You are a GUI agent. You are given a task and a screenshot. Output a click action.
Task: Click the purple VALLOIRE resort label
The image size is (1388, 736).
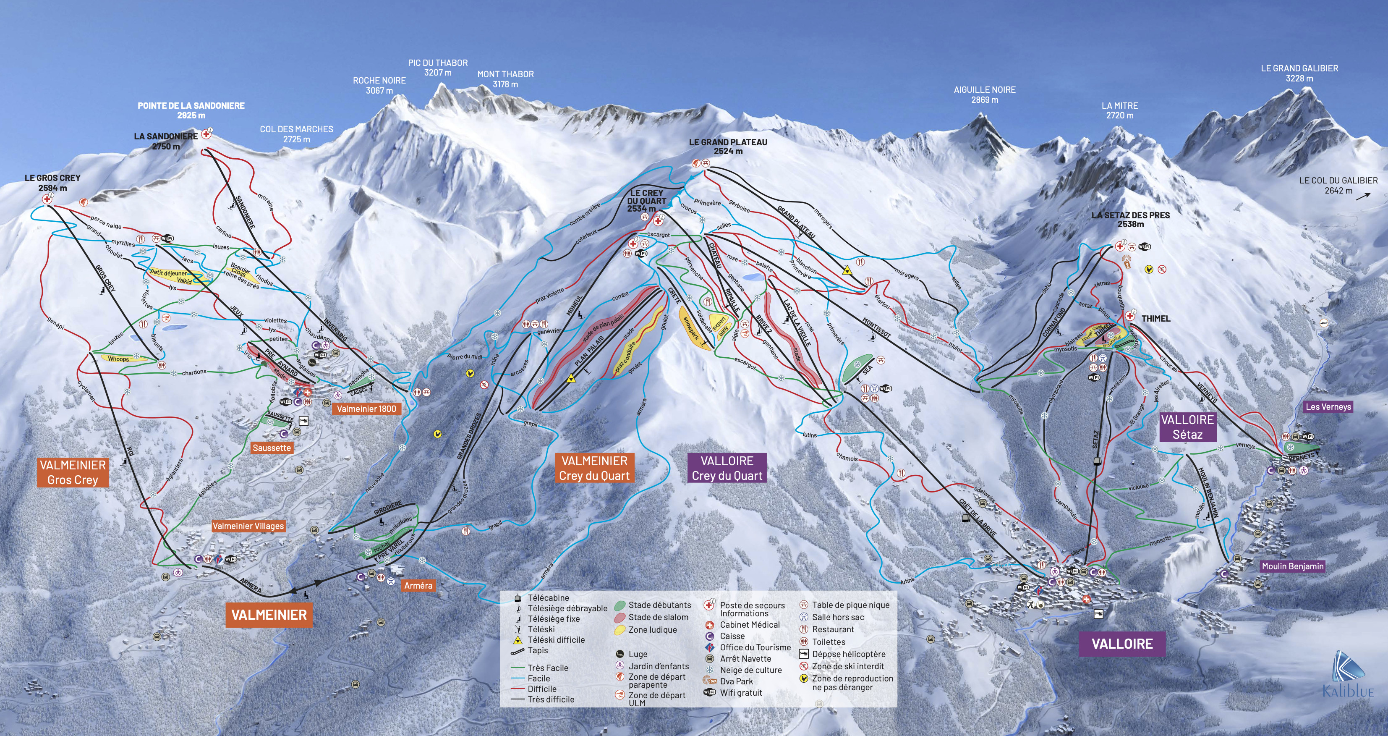(x=1122, y=644)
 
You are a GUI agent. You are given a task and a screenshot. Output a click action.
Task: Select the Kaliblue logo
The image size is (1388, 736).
(x=1348, y=674)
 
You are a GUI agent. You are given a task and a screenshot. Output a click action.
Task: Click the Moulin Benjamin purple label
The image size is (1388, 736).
(x=1292, y=566)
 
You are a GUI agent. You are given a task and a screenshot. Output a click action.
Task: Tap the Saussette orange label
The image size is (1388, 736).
(x=272, y=448)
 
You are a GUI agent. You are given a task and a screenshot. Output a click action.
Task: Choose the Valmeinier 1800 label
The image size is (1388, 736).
(x=366, y=409)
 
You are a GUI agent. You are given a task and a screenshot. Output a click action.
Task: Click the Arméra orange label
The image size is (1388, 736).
(x=418, y=586)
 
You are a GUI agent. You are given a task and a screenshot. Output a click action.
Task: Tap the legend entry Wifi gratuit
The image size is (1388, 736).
(x=741, y=693)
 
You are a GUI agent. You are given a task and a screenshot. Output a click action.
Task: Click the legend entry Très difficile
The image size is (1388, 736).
(x=551, y=699)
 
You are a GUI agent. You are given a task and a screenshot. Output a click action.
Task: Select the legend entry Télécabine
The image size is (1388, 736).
(x=548, y=598)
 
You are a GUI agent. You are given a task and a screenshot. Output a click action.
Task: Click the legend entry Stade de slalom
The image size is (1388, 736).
(x=658, y=618)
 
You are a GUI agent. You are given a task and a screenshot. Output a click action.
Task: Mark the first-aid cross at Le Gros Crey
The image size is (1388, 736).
(x=47, y=199)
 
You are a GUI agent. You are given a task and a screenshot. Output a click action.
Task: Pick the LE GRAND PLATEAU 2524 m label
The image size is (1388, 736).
(x=727, y=147)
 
